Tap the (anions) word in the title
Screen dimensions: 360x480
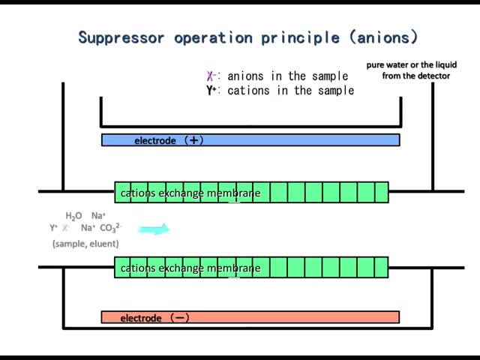(383, 37)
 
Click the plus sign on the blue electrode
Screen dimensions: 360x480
(194, 140)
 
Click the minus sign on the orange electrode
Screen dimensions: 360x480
(180, 318)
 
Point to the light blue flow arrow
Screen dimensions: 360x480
(154, 229)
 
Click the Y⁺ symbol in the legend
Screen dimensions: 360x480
(211, 91)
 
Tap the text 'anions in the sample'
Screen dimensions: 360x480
(288, 76)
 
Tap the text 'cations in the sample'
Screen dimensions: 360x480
(291, 91)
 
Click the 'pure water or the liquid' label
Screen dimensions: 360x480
(412, 65)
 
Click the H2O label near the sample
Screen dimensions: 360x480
(73, 216)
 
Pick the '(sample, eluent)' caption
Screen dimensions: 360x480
(85, 244)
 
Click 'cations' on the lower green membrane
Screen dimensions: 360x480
(138, 268)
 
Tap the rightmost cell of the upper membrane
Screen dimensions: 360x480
(381, 193)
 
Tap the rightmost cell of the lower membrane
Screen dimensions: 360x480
(381, 268)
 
